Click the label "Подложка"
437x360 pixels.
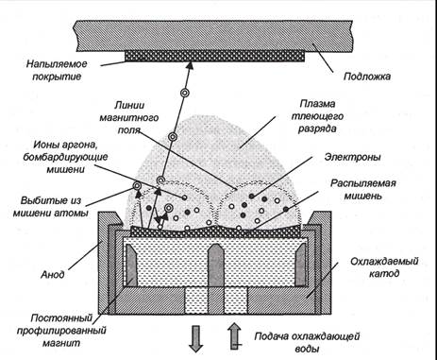coord(367,77)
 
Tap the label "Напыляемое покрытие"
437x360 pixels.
coord(57,70)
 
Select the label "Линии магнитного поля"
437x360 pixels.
coord(129,118)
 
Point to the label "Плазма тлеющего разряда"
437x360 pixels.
coord(317,116)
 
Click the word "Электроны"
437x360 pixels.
coord(353,157)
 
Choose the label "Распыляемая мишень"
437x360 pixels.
coord(363,189)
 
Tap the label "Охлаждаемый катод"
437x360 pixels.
coord(384,267)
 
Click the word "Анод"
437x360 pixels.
coord(53,274)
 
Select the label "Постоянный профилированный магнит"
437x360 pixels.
coord(61,330)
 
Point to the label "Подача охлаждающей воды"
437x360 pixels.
coord(308,342)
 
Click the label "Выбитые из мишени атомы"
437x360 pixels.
coord(51,207)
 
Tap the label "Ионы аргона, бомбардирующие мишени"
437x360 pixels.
coord(66,157)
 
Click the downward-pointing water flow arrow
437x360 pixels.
coord(196,338)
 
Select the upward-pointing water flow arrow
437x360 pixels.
coord(234,336)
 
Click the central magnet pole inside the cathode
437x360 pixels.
coord(215,265)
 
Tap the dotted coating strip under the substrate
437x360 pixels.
coord(215,57)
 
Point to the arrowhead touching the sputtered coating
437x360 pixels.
coord(189,66)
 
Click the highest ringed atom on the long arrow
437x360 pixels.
coord(185,93)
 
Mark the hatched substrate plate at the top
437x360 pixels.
coord(215,36)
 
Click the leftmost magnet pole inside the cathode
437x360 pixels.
coord(132,266)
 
